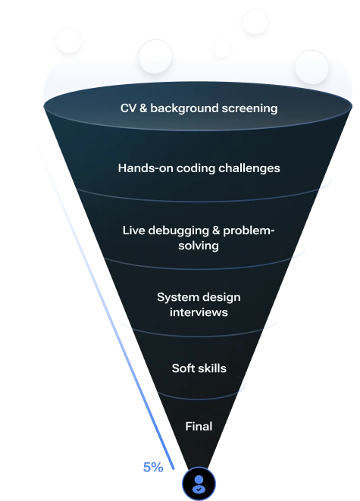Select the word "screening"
click(x=251, y=108)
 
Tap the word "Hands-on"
click(x=142, y=168)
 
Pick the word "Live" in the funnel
click(x=134, y=230)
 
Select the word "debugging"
click(x=175, y=230)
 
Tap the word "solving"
click(x=199, y=246)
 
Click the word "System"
click(x=177, y=297)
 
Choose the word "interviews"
click(x=199, y=312)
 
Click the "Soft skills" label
click(x=199, y=369)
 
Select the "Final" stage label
click(x=199, y=426)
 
